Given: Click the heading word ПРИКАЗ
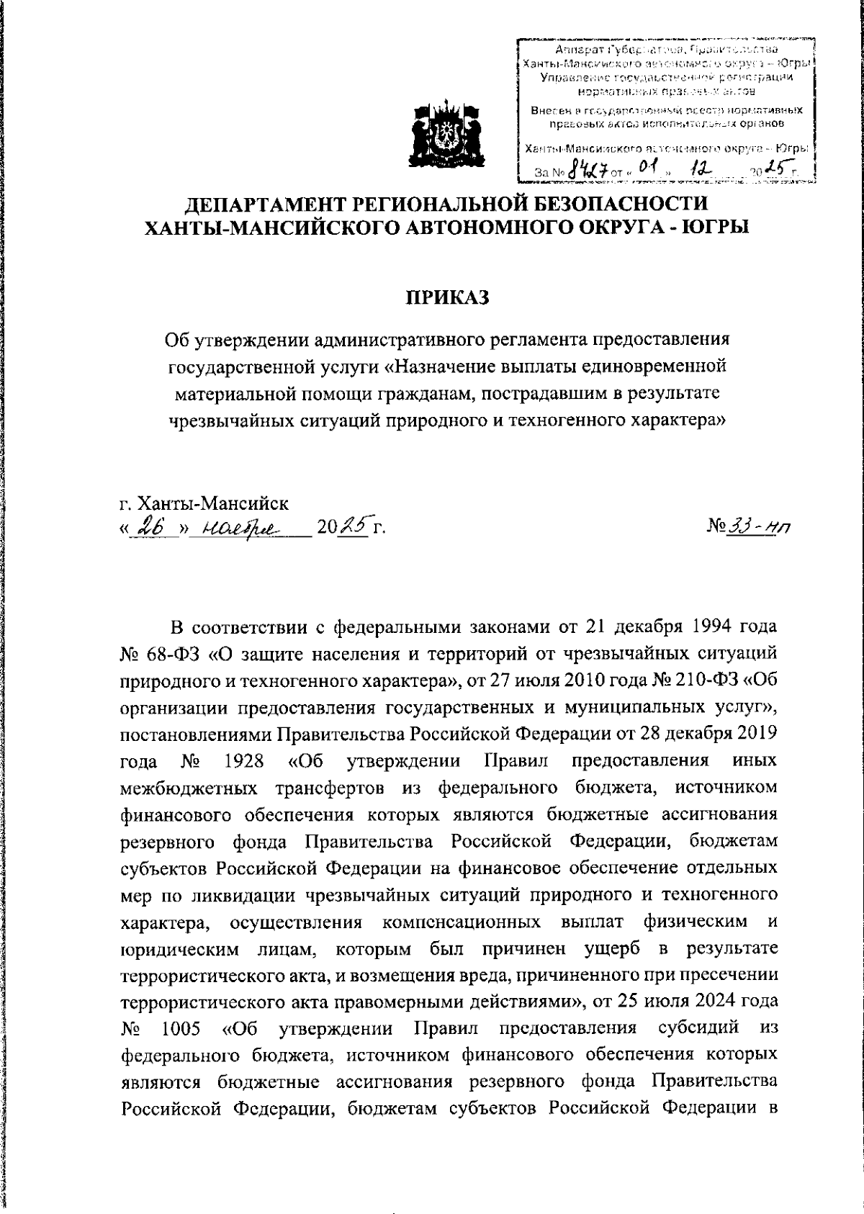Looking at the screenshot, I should pos(446,297).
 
